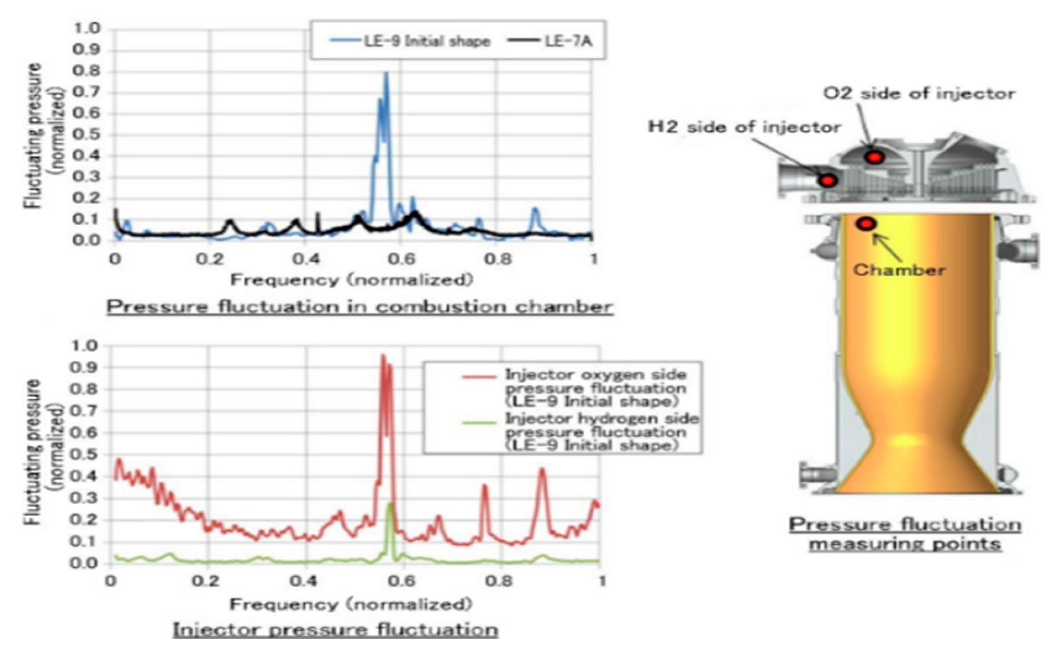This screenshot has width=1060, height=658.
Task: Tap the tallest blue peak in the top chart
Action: coord(386,74)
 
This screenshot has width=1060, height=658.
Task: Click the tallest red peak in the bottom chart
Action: coord(383,357)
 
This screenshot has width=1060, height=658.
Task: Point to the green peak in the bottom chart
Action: coord(390,505)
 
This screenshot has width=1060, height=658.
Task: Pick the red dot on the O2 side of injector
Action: coord(874,157)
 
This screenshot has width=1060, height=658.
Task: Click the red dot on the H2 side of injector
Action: coord(828,180)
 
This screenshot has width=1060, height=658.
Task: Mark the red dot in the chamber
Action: coord(865,224)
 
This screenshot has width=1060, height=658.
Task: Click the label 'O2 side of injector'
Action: coord(919,93)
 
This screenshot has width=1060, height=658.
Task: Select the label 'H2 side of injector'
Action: coord(744,127)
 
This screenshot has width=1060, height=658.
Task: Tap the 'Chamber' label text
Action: coord(899,270)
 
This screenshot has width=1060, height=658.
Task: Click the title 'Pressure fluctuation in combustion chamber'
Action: coord(359,306)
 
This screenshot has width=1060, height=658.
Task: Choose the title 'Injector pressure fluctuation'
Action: coord(335,630)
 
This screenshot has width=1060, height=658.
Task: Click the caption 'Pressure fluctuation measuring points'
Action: coord(905,533)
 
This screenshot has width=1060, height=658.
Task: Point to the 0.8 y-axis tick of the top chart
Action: coord(87,71)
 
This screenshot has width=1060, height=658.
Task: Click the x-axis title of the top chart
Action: coord(351,280)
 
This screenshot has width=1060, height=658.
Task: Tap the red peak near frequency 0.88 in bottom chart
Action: coord(542,470)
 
